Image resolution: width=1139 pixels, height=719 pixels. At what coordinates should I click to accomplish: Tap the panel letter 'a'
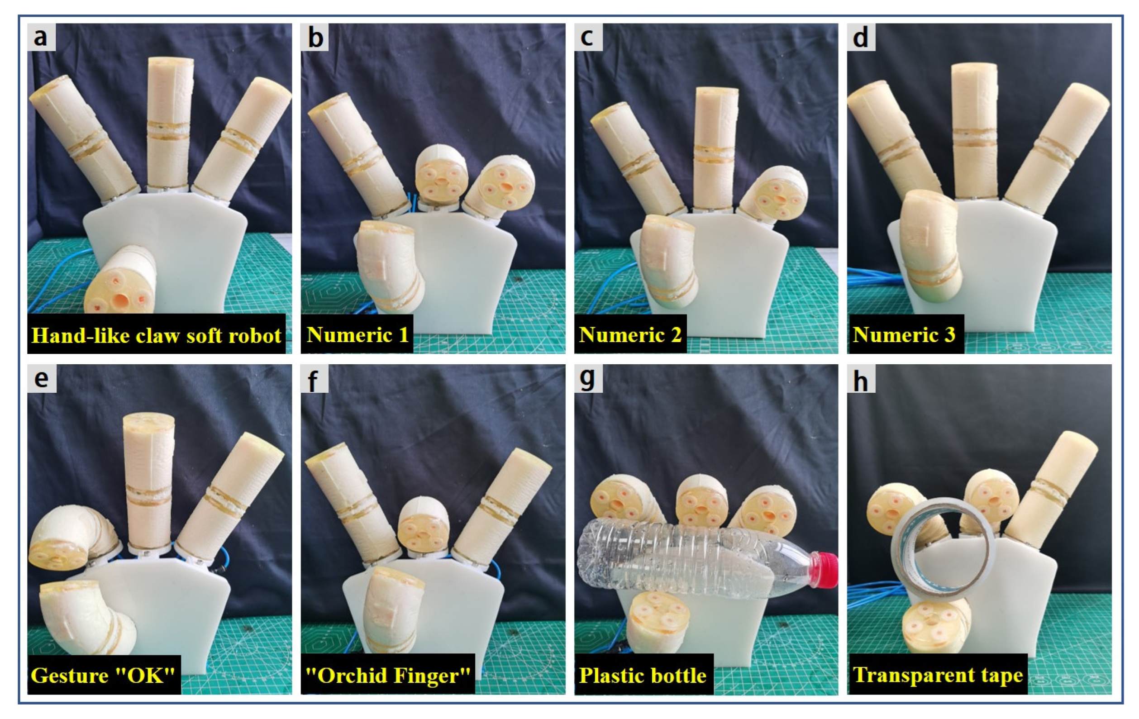point(41,37)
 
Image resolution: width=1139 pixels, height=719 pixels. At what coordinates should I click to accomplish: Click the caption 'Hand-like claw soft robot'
point(156,335)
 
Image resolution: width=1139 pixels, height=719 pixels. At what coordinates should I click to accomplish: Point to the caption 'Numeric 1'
point(357,335)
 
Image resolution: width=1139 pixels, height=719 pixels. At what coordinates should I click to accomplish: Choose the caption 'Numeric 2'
point(630,335)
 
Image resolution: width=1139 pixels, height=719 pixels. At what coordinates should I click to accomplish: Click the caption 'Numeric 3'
point(904,335)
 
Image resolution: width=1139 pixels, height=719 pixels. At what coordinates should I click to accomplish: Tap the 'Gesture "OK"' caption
point(103,675)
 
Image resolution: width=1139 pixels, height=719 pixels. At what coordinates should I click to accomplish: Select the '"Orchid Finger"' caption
point(388,675)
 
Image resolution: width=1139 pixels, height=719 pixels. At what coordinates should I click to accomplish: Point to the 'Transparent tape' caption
point(938,675)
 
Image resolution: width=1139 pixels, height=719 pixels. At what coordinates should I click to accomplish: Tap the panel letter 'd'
point(860,37)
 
